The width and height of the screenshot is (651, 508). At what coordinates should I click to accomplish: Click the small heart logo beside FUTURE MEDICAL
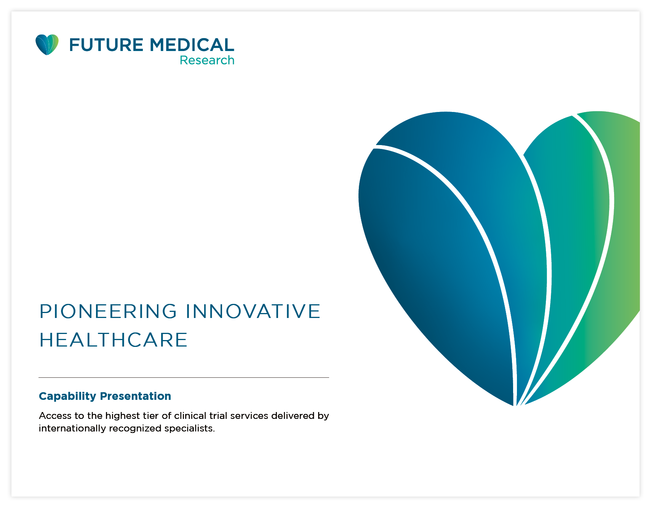tap(47, 45)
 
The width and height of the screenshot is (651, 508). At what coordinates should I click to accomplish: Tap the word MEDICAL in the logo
tap(192, 45)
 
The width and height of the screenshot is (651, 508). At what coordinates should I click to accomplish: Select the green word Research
tap(207, 60)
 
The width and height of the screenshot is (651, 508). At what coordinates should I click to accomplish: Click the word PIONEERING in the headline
tap(108, 311)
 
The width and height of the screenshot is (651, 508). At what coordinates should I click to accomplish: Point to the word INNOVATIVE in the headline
tap(253, 311)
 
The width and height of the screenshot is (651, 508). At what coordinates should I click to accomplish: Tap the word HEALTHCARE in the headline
tap(114, 340)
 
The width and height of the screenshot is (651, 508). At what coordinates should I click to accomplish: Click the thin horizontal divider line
tap(184, 377)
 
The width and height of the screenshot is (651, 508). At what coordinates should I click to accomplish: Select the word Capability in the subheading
tap(67, 396)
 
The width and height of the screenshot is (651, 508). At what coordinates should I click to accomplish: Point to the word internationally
tap(72, 428)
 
